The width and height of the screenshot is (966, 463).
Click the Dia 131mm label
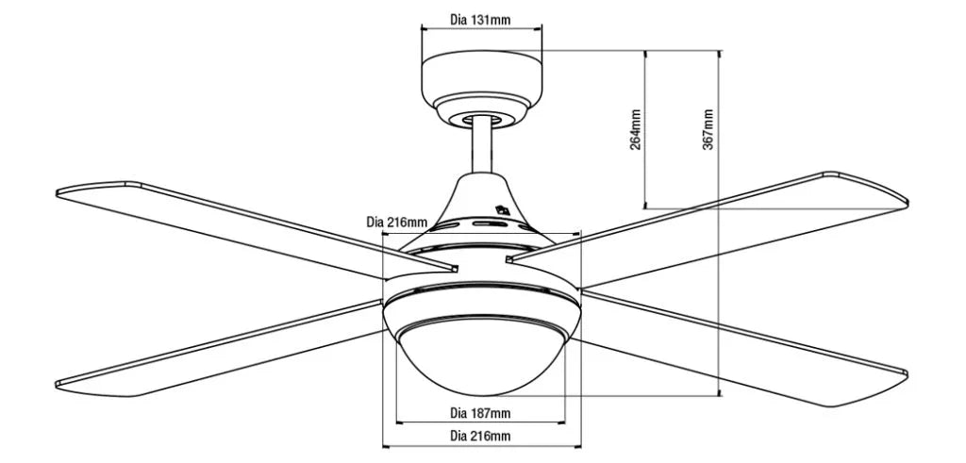[x=480, y=18]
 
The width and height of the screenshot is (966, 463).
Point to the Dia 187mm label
[x=480, y=413]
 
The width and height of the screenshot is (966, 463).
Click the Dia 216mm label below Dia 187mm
[x=480, y=435]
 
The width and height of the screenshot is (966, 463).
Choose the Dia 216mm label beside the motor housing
[x=396, y=223]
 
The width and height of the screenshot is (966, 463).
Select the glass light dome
[x=481, y=354]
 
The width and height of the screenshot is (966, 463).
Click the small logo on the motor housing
[x=502, y=212]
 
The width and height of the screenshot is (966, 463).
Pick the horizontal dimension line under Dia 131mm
[x=481, y=29]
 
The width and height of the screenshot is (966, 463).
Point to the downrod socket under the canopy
[x=482, y=117]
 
